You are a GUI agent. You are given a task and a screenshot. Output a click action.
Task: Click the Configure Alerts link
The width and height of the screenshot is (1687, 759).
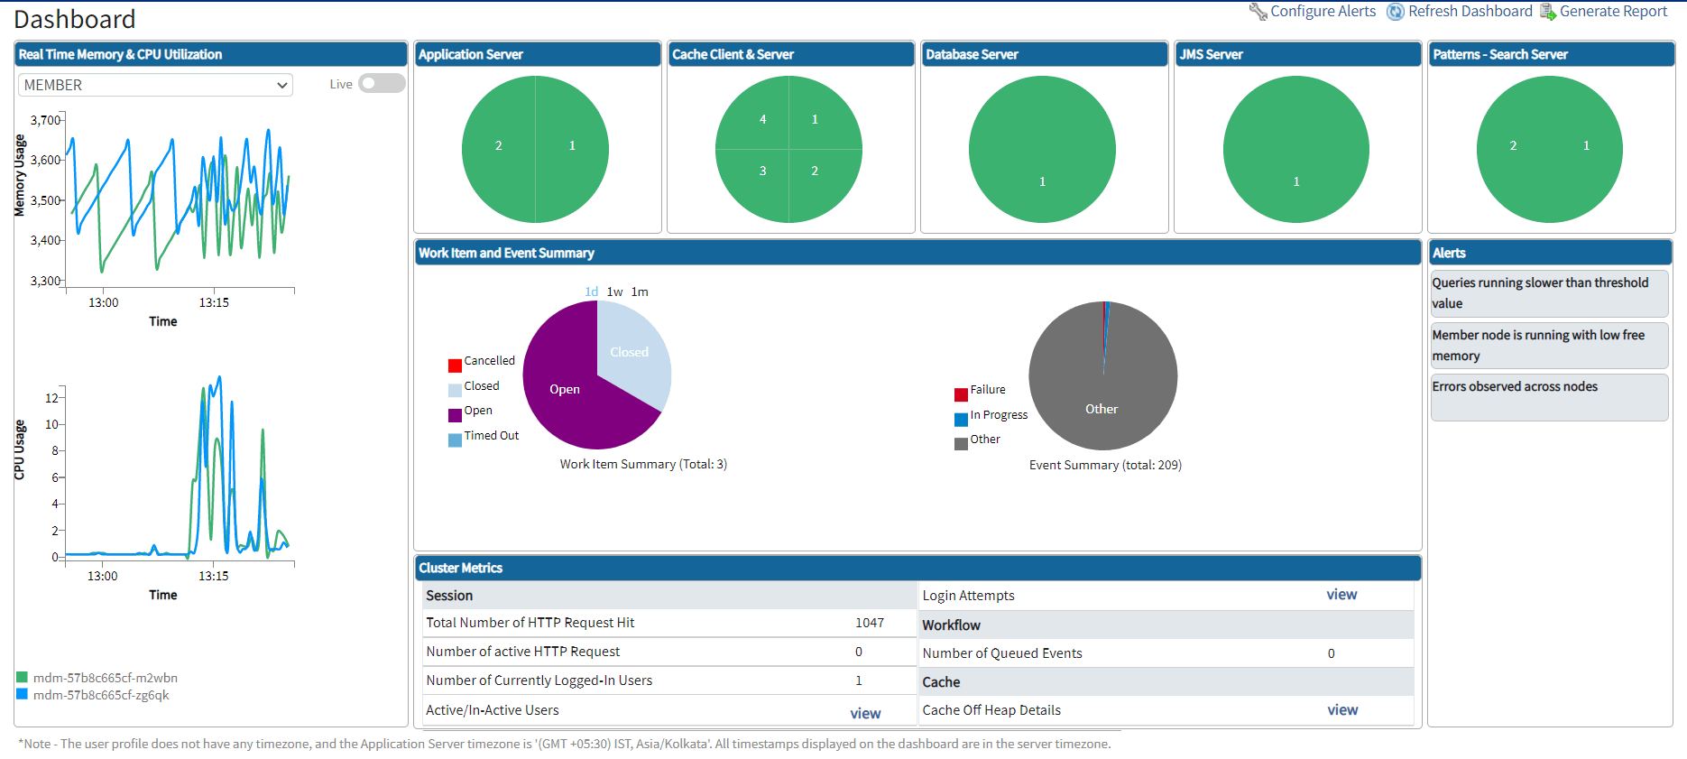pyautogui.click(x=1322, y=12)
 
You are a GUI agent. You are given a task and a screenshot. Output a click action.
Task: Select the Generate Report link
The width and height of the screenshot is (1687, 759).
pyautogui.click(x=1612, y=12)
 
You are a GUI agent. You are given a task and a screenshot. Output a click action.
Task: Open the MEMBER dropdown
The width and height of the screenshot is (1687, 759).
pyautogui.click(x=155, y=85)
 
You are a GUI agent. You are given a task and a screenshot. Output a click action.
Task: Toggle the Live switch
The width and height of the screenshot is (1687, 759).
pyautogui.click(x=382, y=84)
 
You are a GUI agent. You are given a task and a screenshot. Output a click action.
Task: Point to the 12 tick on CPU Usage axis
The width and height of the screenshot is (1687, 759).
pyautogui.click(x=51, y=398)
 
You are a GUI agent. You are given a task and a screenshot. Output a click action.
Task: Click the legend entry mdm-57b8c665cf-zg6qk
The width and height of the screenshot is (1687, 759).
pyautogui.click(x=100, y=695)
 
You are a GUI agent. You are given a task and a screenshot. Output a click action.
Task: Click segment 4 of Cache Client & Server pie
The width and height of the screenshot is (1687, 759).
pyautogui.click(x=763, y=119)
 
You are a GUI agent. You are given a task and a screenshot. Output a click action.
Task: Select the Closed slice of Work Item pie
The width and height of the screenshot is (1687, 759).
pyautogui.click(x=630, y=352)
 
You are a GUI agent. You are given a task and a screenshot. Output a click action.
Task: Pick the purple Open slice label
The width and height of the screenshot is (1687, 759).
pyautogui.click(x=565, y=390)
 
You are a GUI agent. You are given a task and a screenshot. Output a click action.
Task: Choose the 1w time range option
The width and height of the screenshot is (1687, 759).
pyautogui.click(x=614, y=292)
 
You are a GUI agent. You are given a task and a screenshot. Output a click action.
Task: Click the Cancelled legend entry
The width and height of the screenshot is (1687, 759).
pyautogui.click(x=489, y=361)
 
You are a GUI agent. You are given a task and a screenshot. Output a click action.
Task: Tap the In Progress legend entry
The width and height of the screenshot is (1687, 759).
pyautogui.click(x=998, y=415)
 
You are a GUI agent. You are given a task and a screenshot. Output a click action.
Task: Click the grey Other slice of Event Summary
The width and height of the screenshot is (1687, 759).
pyautogui.click(x=1101, y=409)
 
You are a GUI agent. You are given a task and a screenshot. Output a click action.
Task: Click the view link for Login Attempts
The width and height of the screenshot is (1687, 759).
pyautogui.click(x=1341, y=595)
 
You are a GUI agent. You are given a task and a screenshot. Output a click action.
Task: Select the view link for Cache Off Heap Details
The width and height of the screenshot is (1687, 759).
pyautogui.click(x=1342, y=710)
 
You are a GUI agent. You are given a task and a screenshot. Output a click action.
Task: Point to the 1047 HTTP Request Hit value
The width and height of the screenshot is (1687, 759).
pyautogui.click(x=870, y=623)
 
